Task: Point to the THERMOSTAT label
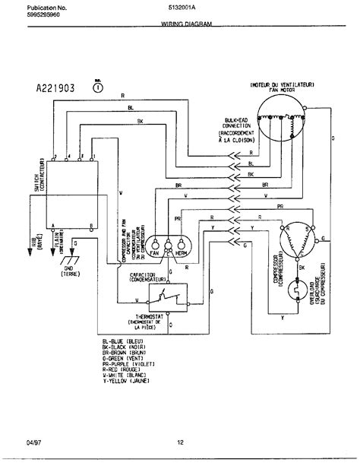pyautogui.click(x=164, y=322)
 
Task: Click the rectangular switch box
pyautogui.click(x=71, y=194)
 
